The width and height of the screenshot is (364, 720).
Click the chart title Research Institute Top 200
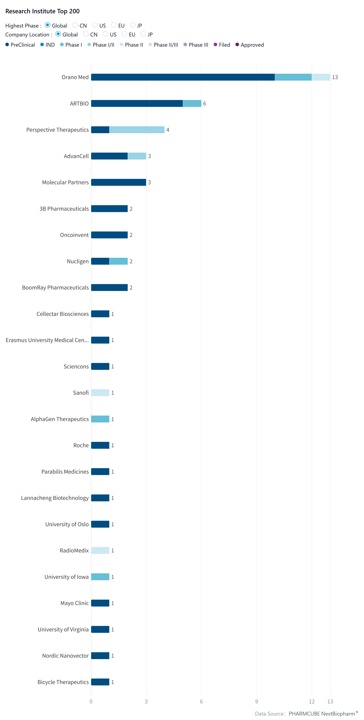pos(43,11)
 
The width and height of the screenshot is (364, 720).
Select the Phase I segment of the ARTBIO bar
pos(192,103)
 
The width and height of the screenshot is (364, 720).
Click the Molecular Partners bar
pos(119,182)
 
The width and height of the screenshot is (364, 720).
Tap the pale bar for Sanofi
pos(100,393)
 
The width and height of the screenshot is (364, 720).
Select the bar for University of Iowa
pos(100,577)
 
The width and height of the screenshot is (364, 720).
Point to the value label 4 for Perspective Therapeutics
pos(168,130)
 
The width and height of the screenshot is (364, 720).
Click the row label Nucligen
pos(78,261)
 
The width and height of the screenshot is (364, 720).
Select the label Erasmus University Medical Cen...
pos(47,340)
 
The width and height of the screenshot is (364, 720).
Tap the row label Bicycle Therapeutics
pos(63,682)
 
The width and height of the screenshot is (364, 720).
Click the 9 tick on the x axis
pos(256,701)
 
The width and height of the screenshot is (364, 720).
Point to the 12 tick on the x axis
pos(312,701)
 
